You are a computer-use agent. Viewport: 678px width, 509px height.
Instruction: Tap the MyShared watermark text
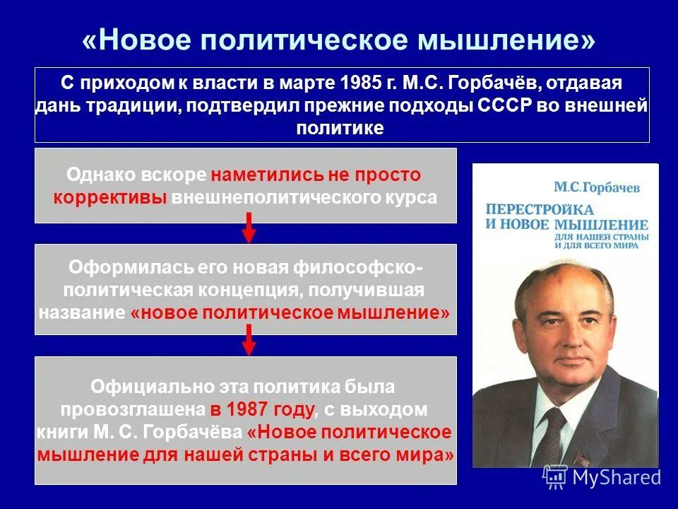pyautogui.click(x=616, y=476)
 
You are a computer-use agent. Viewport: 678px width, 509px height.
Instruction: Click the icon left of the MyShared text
pyautogui.click(x=555, y=476)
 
